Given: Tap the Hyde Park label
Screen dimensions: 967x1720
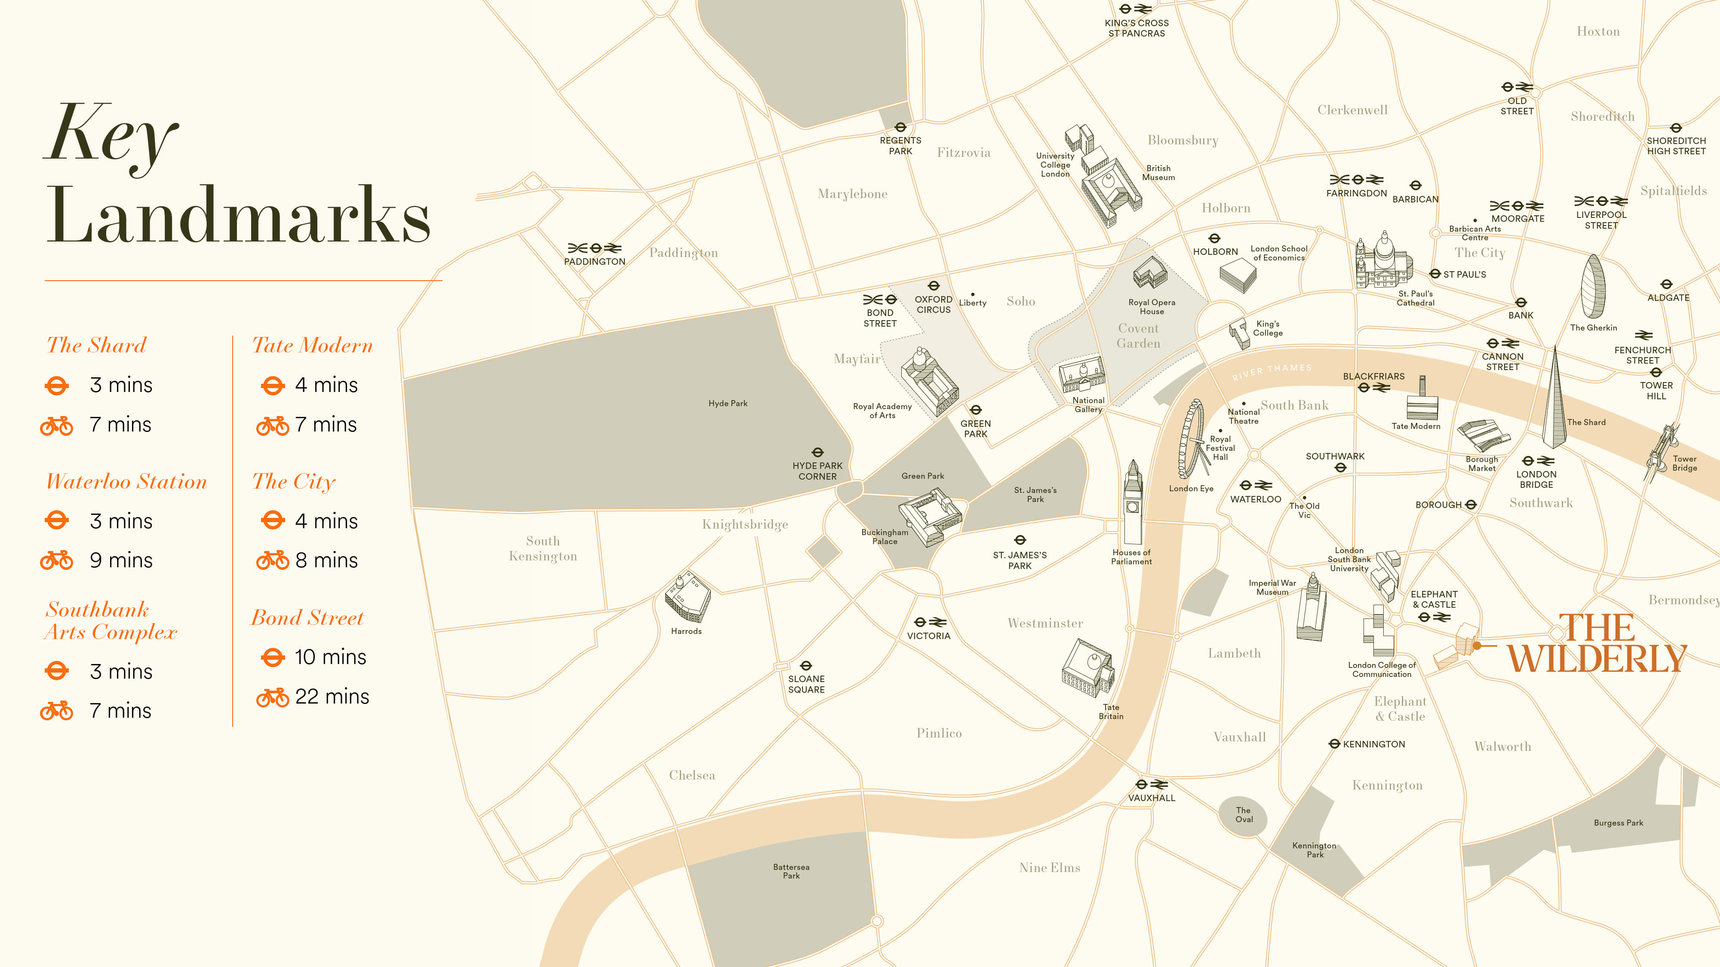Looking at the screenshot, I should tap(728, 403).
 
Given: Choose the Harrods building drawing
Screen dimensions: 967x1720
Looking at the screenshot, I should tap(687, 597).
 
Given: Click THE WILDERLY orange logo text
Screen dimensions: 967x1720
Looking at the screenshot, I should tap(1596, 644).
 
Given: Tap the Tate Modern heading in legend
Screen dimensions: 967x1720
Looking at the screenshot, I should tap(312, 346).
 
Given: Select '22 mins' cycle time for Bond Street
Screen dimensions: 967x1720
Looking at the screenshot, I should tap(332, 697).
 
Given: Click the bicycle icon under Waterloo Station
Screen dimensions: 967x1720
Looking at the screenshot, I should tap(57, 560).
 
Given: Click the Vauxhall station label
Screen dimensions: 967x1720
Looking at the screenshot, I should tap(1151, 798).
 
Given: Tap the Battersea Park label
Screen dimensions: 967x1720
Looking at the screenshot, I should tap(791, 871).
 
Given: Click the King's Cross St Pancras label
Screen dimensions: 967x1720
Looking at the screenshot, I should tap(1136, 28).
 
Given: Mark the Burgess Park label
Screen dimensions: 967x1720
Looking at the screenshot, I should tap(1618, 823).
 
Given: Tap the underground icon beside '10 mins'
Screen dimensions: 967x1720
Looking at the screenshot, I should tap(273, 658).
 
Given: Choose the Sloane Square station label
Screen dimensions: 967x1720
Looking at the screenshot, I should tap(806, 684).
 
